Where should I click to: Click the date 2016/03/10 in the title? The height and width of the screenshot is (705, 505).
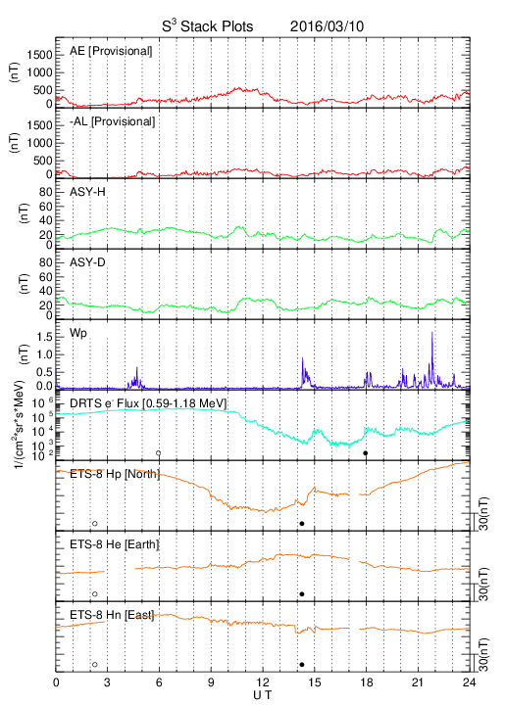click(x=327, y=26)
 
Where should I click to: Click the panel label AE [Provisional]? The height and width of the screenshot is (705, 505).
click(x=111, y=51)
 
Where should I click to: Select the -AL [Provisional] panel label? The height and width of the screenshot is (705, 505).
click(x=112, y=121)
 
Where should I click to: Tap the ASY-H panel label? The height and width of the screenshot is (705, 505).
click(x=87, y=192)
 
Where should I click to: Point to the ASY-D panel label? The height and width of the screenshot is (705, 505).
click(x=87, y=262)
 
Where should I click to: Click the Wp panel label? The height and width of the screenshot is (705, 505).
click(x=78, y=334)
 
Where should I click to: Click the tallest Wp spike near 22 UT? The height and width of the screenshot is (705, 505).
click(x=432, y=332)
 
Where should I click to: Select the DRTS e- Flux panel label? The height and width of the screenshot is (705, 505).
click(x=148, y=403)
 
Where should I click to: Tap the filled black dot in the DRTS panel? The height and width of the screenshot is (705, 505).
click(x=366, y=453)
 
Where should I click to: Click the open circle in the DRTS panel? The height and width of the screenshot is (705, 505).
click(x=159, y=453)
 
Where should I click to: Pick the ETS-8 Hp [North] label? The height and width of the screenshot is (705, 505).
click(x=115, y=474)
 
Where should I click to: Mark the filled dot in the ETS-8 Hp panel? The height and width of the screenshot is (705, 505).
click(x=302, y=523)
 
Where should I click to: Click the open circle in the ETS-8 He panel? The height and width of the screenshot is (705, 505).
click(x=95, y=594)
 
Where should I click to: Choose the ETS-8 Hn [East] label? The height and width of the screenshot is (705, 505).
click(x=112, y=615)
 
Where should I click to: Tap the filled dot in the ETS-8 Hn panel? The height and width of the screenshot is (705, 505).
click(x=302, y=665)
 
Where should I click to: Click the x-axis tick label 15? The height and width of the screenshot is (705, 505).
click(x=315, y=682)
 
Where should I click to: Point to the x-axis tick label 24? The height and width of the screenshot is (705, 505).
click(x=470, y=682)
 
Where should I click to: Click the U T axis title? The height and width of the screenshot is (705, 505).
click(x=263, y=695)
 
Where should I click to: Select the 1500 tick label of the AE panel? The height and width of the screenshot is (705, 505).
click(x=39, y=55)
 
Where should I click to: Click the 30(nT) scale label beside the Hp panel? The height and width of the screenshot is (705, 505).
click(x=483, y=513)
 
